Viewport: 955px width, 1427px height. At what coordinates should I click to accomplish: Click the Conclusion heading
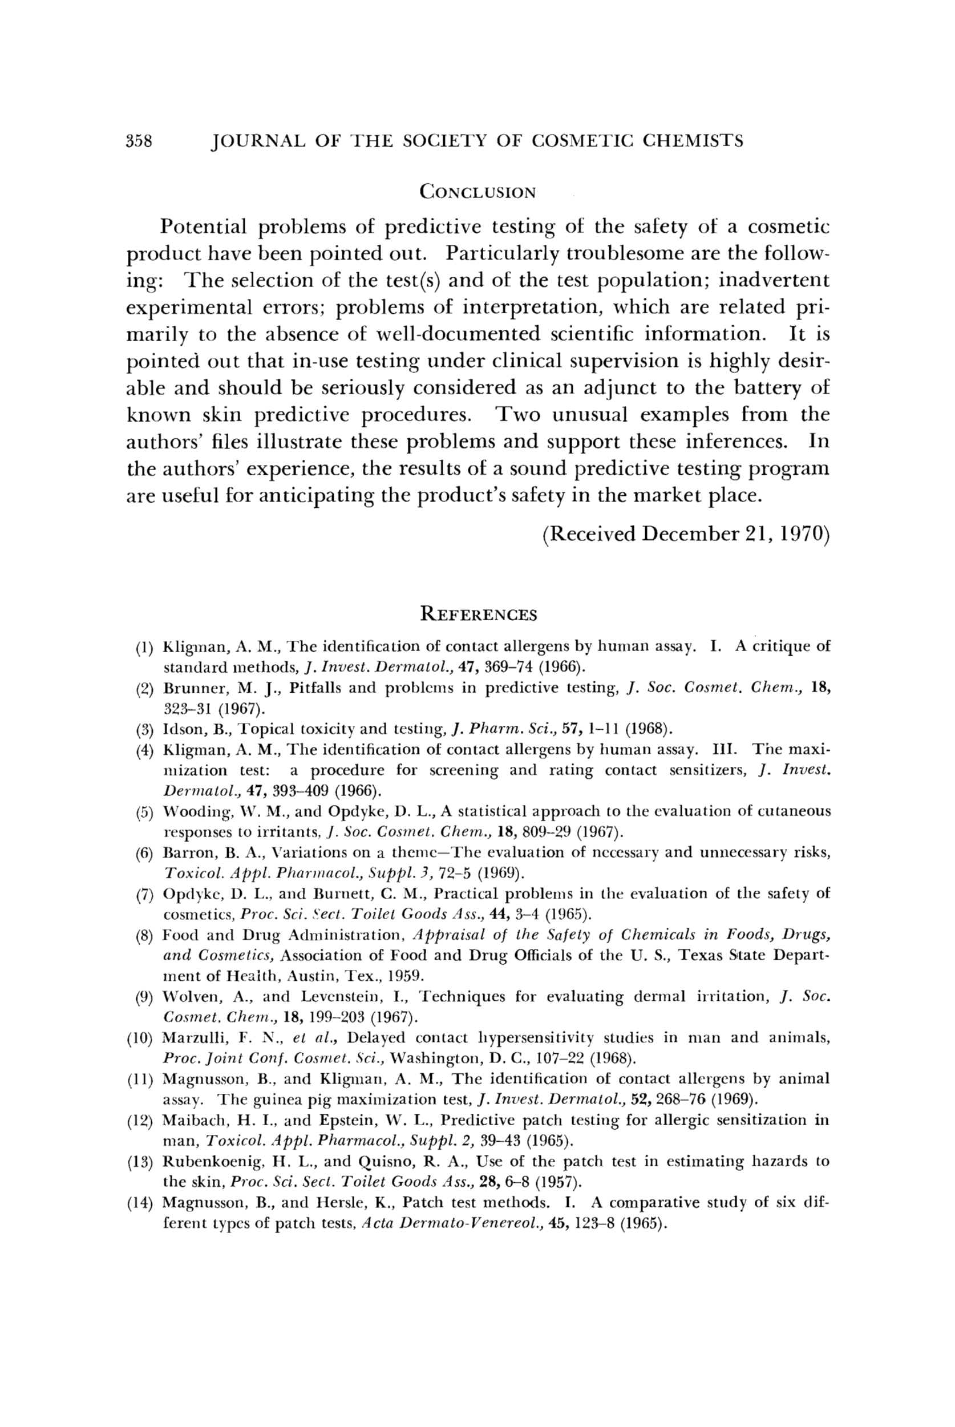(x=478, y=192)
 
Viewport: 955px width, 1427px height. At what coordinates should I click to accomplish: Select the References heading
(x=479, y=614)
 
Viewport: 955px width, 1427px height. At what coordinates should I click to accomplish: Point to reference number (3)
(x=144, y=729)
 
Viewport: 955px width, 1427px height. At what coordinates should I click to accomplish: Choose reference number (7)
(x=144, y=894)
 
